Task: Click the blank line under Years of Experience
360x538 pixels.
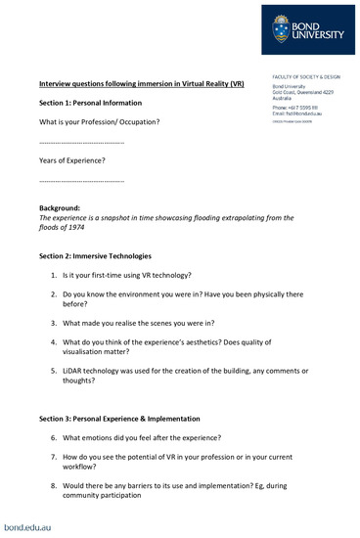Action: [x=81, y=181]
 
